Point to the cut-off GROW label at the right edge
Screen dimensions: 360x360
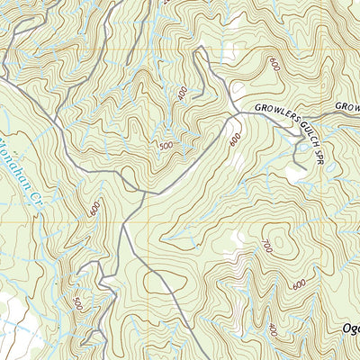click(348, 106)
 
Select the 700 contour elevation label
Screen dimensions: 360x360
click(268, 246)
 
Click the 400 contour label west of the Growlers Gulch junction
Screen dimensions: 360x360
click(183, 93)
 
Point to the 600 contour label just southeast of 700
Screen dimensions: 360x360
click(299, 283)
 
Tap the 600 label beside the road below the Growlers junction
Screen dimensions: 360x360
click(236, 139)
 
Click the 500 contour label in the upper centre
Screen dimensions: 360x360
click(166, 146)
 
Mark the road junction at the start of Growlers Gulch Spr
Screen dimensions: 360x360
click(236, 112)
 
